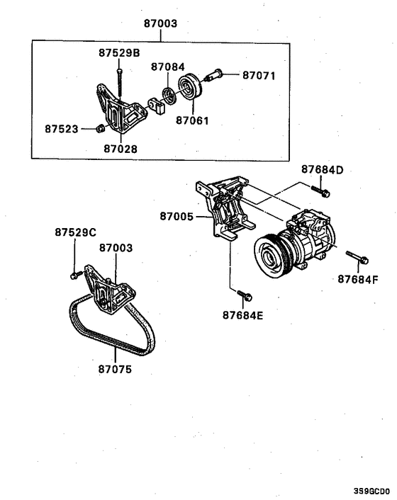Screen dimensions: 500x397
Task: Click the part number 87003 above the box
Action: (x=160, y=23)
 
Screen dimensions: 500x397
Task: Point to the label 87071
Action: (x=259, y=75)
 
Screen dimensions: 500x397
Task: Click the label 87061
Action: (x=192, y=120)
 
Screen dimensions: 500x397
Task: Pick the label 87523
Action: (x=62, y=130)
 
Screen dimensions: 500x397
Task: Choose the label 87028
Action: (x=121, y=149)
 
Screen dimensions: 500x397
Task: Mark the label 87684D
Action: (x=322, y=170)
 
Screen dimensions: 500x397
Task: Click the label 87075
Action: (x=115, y=368)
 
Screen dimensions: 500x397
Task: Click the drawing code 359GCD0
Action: (x=372, y=489)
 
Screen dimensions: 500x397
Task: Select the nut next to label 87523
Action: (x=101, y=129)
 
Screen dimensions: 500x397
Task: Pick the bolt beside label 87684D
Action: (x=320, y=190)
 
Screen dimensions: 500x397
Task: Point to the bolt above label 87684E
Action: (x=242, y=293)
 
